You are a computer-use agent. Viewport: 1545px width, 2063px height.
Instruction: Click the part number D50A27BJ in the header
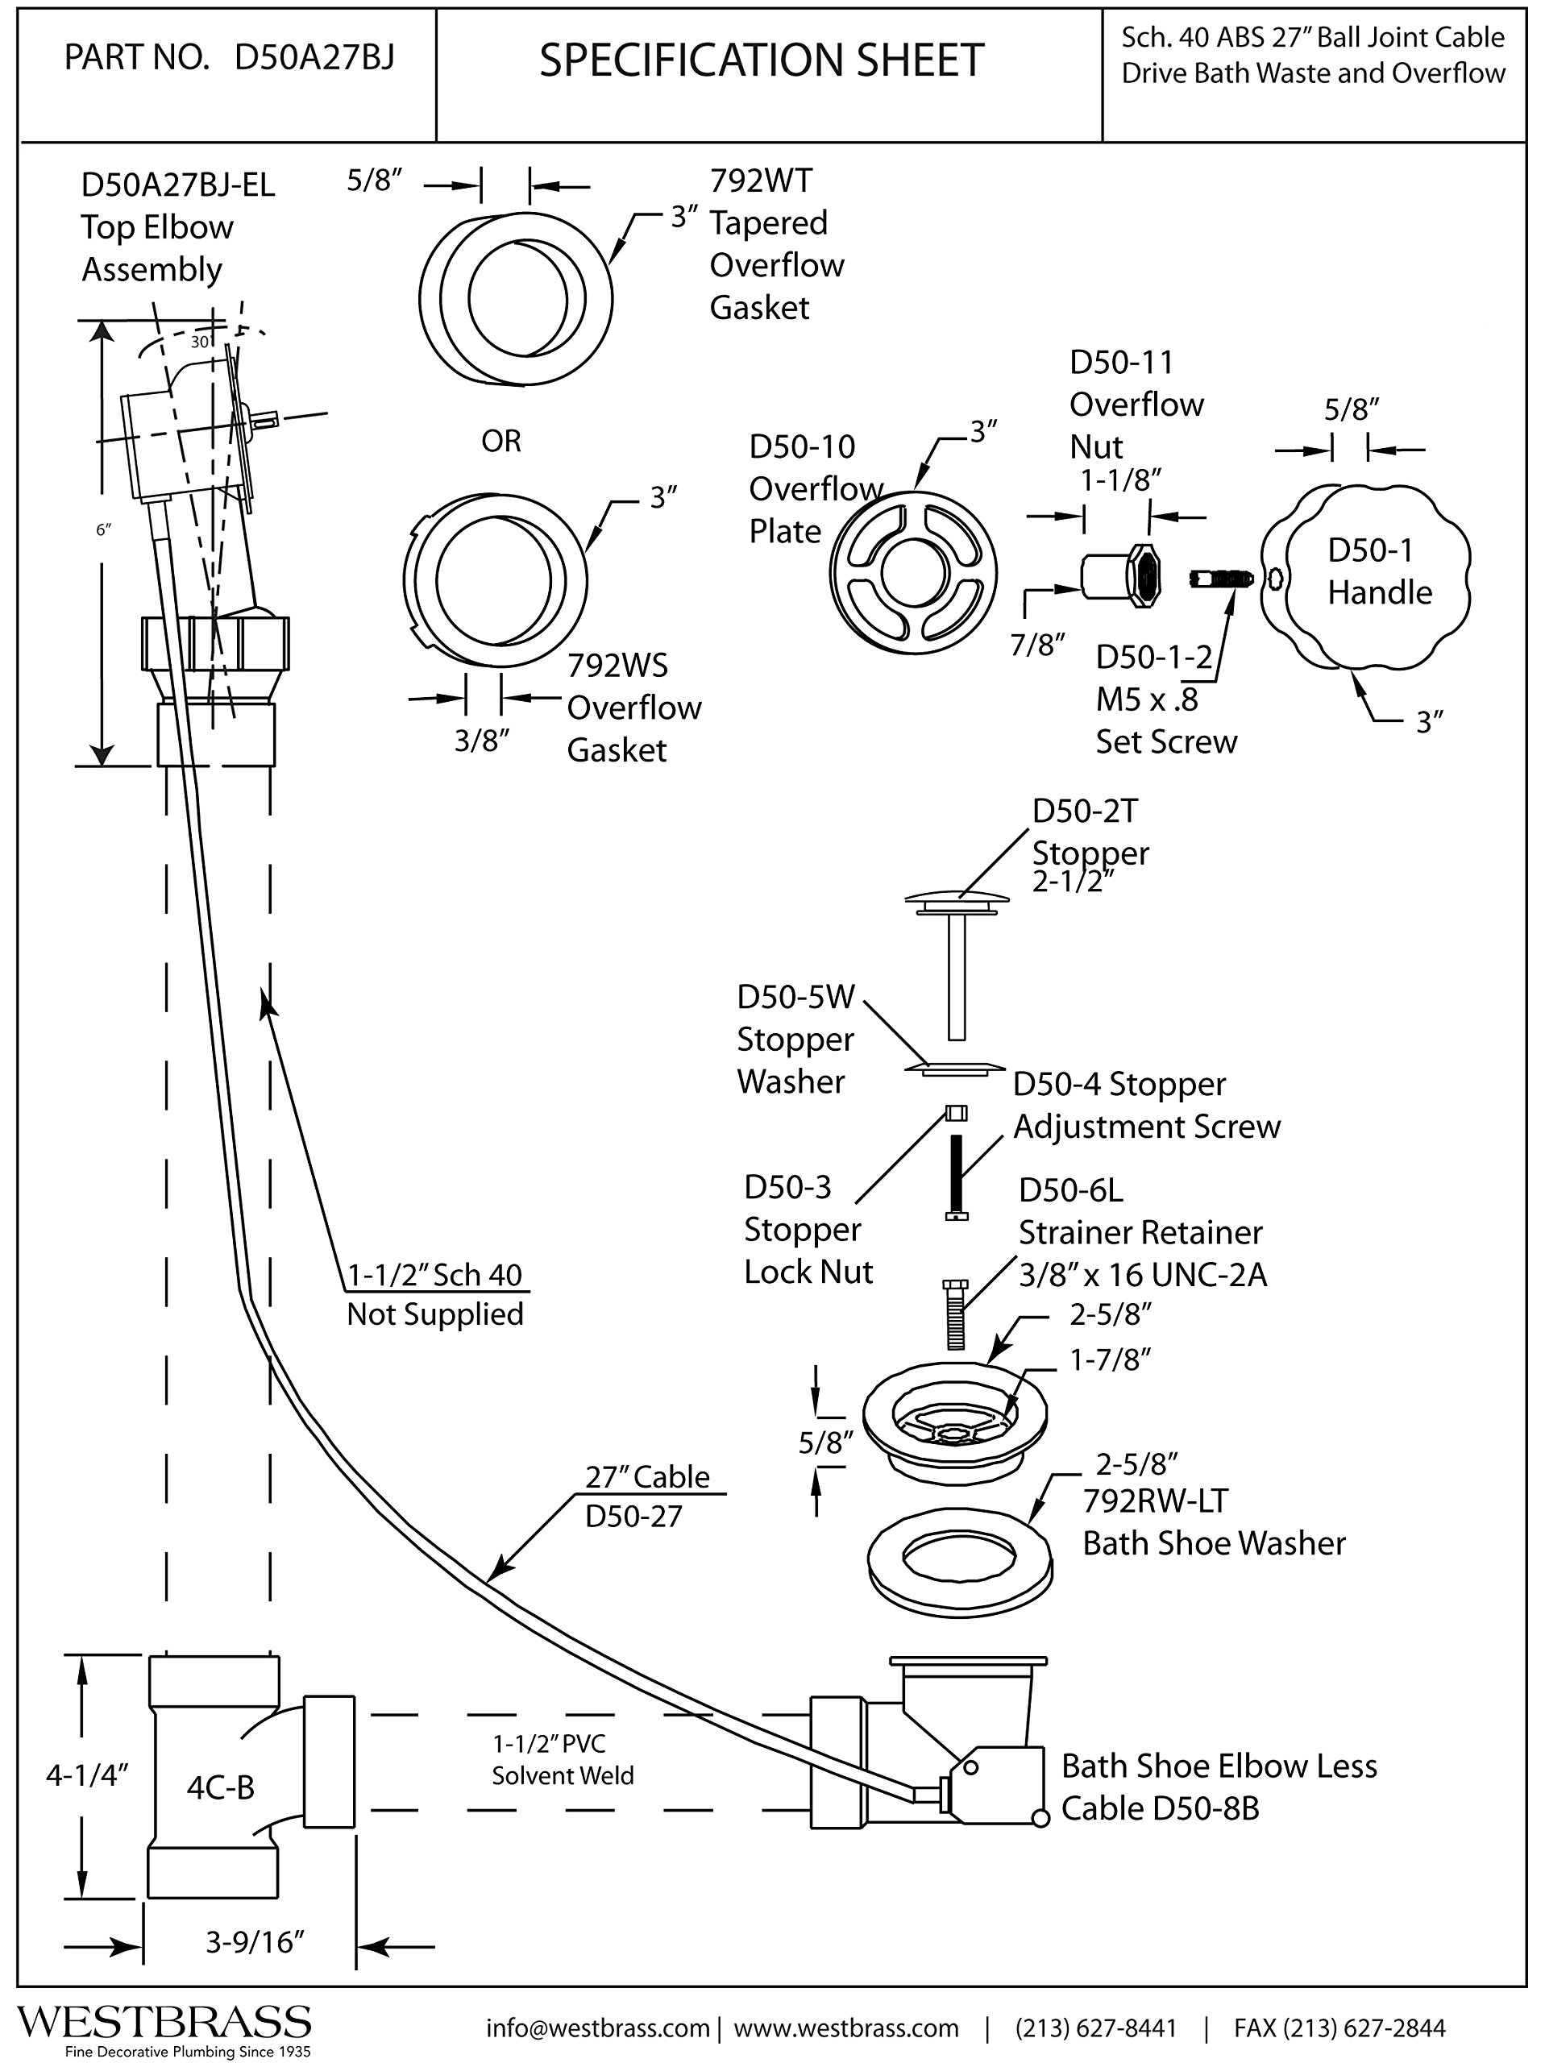(x=314, y=58)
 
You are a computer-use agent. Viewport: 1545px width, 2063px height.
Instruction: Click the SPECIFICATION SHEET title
(x=762, y=60)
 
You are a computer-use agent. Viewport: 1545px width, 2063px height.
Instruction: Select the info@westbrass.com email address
(x=597, y=2028)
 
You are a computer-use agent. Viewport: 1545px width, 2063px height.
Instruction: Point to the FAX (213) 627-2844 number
(x=1339, y=2028)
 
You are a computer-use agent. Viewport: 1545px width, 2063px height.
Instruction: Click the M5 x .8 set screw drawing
(x=1221, y=579)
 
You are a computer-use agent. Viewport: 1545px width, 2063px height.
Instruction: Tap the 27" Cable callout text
(x=646, y=1476)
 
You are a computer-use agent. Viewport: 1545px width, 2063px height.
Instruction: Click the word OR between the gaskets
(x=501, y=440)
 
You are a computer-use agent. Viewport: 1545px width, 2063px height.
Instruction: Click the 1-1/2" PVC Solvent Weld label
(x=563, y=1759)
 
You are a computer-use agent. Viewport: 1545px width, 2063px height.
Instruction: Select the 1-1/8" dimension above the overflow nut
(x=1119, y=479)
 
